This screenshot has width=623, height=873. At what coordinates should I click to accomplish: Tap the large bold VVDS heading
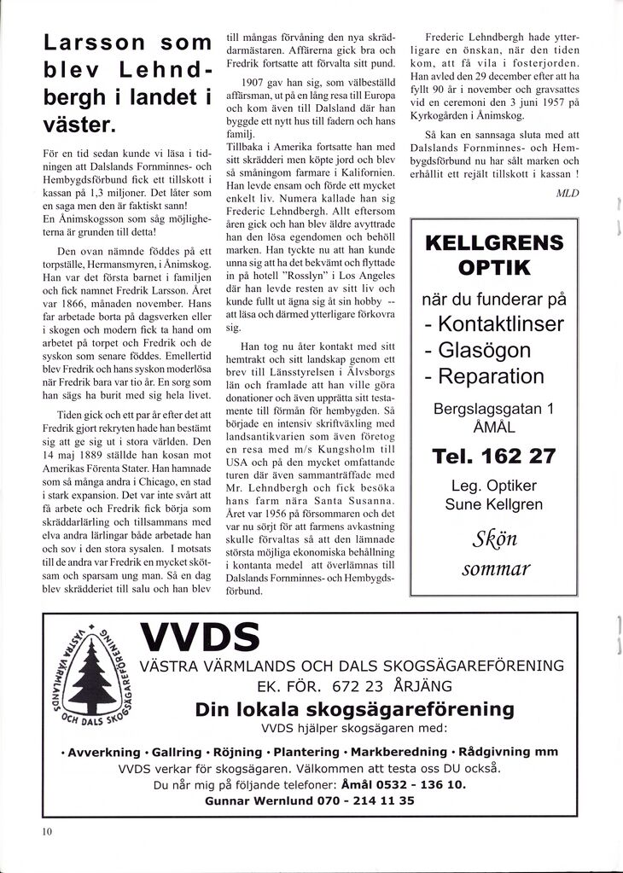[x=200, y=637]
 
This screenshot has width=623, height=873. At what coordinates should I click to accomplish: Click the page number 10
[x=47, y=831]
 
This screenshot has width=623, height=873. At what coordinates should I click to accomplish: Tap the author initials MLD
[x=568, y=193]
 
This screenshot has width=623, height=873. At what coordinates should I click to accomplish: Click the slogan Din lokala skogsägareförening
[x=354, y=710]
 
